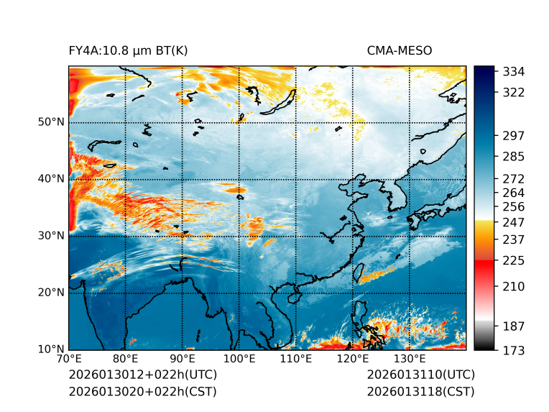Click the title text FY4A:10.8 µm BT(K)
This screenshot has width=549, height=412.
(x=128, y=50)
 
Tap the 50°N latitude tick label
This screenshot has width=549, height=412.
(x=51, y=122)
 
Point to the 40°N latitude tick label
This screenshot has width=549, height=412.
(x=51, y=179)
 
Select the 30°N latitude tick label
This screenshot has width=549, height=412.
(x=51, y=236)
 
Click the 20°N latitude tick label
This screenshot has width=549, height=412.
(x=51, y=293)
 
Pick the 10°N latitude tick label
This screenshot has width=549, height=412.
(x=51, y=349)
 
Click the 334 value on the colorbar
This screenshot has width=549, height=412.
(x=514, y=72)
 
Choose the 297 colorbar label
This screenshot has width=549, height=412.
(x=514, y=135)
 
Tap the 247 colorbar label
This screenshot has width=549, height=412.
(x=514, y=222)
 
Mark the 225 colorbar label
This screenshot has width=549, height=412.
(x=514, y=260)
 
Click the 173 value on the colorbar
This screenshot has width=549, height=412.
(x=514, y=350)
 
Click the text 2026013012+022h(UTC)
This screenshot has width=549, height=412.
(x=142, y=375)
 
